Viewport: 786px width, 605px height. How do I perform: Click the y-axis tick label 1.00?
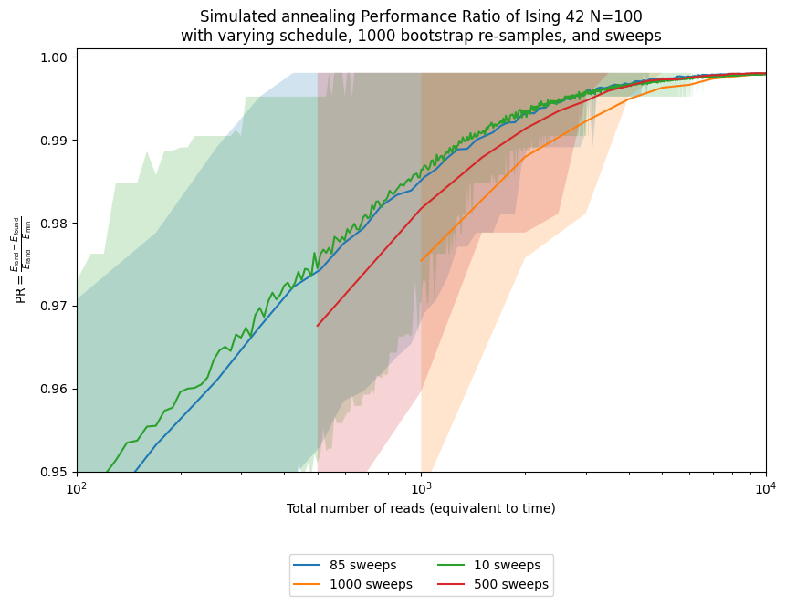[x=55, y=57]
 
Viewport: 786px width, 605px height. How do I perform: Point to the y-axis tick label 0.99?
[x=55, y=141]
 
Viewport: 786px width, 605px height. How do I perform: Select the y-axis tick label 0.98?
[x=55, y=224]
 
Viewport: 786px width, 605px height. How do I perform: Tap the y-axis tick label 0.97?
[x=55, y=306]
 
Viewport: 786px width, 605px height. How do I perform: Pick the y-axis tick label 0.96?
[x=55, y=389]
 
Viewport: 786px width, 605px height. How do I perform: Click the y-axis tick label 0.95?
[x=55, y=472]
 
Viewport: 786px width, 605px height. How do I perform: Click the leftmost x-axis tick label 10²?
[x=77, y=488]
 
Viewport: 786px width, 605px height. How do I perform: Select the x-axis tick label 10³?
[x=421, y=488]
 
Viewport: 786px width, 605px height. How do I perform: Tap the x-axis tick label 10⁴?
[x=765, y=488]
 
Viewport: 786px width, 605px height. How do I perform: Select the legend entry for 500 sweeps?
[x=518, y=585]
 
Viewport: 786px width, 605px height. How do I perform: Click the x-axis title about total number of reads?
[x=421, y=508]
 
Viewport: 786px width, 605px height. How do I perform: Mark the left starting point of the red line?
[x=318, y=326]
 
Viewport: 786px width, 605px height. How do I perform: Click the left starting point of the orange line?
[x=421, y=261]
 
